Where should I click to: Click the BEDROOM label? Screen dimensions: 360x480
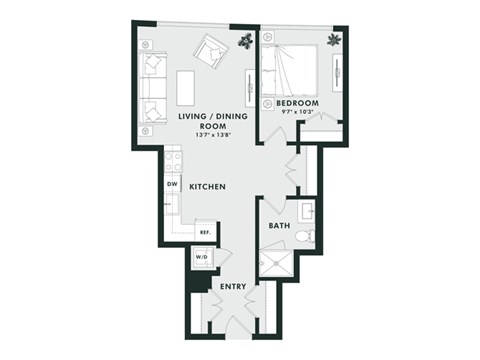click(x=297, y=103)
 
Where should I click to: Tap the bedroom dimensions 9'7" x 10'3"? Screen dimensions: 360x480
click(x=297, y=112)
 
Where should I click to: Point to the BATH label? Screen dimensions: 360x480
click(x=279, y=226)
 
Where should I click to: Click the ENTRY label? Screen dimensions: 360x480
click(x=233, y=287)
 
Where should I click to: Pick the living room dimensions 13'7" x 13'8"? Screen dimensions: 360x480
click(x=199, y=135)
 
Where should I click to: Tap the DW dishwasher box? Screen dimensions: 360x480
click(x=173, y=186)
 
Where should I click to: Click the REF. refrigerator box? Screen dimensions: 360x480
click(x=204, y=232)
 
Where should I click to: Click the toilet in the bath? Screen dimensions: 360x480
click(x=309, y=237)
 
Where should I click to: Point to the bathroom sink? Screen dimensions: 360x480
click(x=308, y=212)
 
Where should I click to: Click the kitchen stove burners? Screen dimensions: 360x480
click(x=173, y=159)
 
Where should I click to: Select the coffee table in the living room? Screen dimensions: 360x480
click(x=186, y=86)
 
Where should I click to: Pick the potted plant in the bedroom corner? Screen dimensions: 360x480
click(x=332, y=40)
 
